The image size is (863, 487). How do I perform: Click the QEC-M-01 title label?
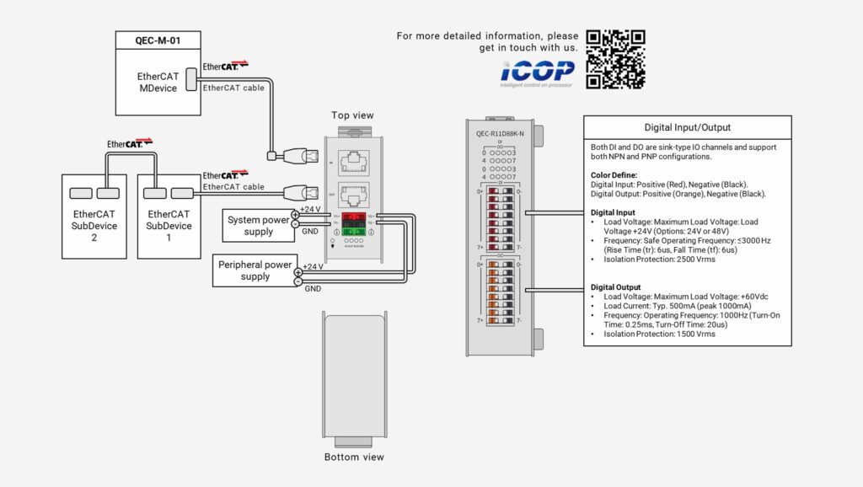[158, 39]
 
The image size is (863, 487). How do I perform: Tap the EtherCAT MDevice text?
[158, 82]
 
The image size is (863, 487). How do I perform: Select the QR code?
[615, 60]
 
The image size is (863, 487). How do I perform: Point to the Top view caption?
[352, 115]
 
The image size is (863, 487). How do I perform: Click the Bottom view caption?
[354, 458]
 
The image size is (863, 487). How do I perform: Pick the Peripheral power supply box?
[255, 270]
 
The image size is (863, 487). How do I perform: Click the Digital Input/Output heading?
[687, 128]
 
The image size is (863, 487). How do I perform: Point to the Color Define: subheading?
[614, 175]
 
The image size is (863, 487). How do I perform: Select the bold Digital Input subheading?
[613, 212]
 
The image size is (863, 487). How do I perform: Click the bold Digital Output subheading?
[615, 287]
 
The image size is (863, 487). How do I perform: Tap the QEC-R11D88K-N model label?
[500, 133]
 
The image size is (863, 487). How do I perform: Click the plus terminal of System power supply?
[296, 215]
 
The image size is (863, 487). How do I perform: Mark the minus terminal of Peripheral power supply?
[297, 281]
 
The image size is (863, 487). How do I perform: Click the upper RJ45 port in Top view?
[356, 160]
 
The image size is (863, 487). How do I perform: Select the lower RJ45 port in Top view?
[356, 195]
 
